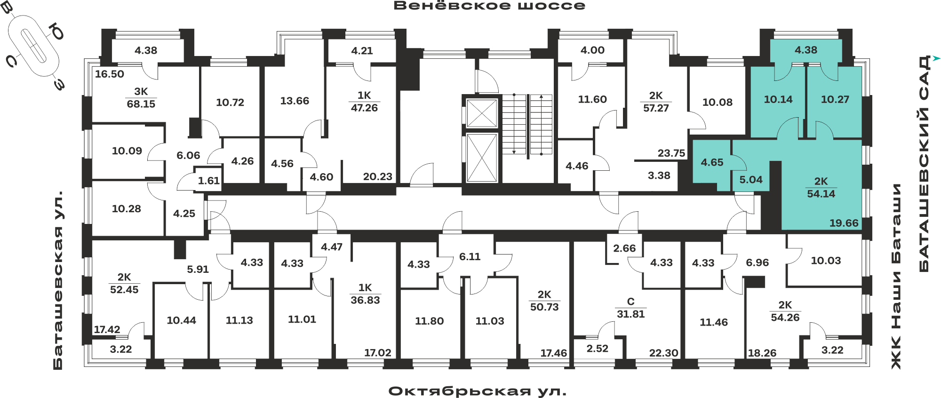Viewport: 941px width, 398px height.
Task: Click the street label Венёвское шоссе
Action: click(x=489, y=6)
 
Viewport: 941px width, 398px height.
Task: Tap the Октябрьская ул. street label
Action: click(x=477, y=391)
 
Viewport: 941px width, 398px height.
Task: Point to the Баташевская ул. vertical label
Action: click(x=58, y=280)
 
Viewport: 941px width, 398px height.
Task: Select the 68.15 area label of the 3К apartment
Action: click(x=141, y=104)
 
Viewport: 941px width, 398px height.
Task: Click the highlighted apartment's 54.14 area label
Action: click(x=821, y=194)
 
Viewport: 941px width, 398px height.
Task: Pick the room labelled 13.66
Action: click(x=295, y=101)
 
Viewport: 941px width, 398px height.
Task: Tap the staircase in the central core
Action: click(x=527, y=125)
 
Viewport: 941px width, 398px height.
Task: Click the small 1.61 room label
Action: click(x=209, y=181)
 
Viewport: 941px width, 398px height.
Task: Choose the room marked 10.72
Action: click(x=230, y=103)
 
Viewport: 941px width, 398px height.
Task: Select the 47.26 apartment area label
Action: click(x=364, y=108)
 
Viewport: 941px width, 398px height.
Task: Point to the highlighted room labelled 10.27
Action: click(x=835, y=99)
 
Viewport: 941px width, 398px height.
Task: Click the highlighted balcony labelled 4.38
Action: click(x=806, y=50)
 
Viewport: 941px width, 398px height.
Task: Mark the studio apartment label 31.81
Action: click(x=630, y=314)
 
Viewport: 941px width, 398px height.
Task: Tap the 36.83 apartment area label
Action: click(x=365, y=300)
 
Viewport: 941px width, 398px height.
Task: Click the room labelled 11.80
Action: click(x=429, y=321)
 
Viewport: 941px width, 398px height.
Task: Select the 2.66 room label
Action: click(x=624, y=248)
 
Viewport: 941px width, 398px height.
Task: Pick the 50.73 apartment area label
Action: click(x=544, y=307)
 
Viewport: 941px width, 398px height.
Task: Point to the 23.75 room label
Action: click(x=671, y=153)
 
